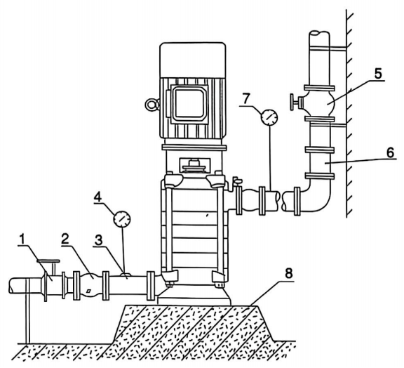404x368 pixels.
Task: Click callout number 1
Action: [22, 239]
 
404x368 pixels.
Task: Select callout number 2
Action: [66, 239]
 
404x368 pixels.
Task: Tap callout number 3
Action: [98, 240]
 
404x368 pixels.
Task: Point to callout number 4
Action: [97, 197]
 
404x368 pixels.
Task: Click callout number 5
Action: [378, 74]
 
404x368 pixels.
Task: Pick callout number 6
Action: [391, 153]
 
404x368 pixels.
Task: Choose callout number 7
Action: [247, 98]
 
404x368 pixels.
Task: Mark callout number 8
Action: [289, 274]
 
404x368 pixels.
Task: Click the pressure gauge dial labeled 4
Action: [122, 219]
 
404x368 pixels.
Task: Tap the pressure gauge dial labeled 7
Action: [270, 117]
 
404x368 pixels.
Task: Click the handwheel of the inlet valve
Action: [48, 261]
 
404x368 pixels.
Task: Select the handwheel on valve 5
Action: [292, 103]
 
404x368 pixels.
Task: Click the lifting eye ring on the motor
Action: [152, 105]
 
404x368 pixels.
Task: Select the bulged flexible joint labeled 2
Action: [91, 285]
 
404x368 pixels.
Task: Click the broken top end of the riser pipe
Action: [319, 34]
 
